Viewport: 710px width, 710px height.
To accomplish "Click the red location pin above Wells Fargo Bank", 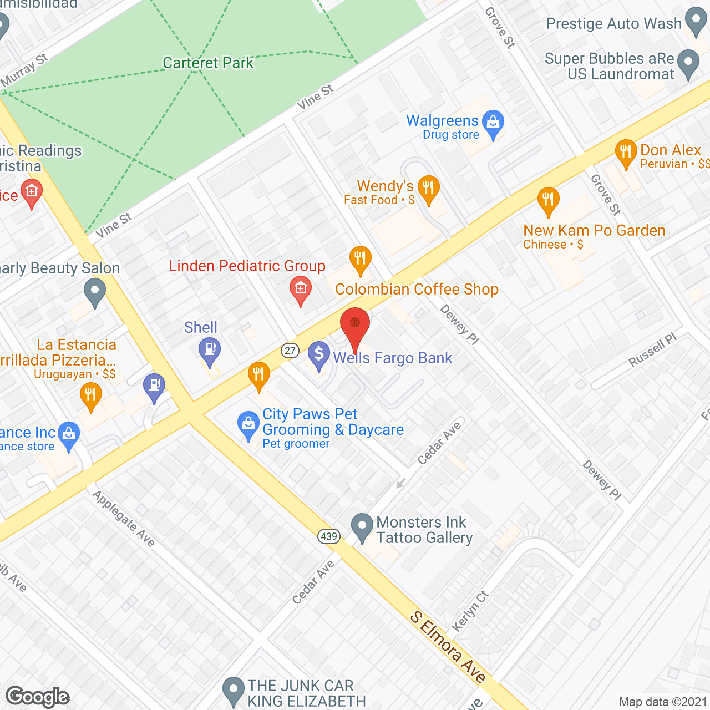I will pyautogui.click(x=354, y=326).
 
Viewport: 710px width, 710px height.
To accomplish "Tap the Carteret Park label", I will pyautogui.click(x=208, y=63).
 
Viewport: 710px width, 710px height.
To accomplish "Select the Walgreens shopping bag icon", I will pyautogui.click(x=493, y=123).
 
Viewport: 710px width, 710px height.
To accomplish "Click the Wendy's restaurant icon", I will pyautogui.click(x=428, y=188).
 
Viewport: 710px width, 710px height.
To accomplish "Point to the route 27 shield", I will pyautogui.click(x=290, y=351).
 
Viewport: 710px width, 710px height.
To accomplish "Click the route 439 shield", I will pyautogui.click(x=329, y=536).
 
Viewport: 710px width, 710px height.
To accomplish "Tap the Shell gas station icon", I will pyautogui.click(x=210, y=351).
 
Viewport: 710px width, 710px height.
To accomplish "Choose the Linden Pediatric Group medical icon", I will pyautogui.click(x=301, y=290).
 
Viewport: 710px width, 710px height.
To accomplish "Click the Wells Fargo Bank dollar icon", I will pyautogui.click(x=318, y=354).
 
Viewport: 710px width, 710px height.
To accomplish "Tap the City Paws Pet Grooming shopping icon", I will pyautogui.click(x=248, y=425).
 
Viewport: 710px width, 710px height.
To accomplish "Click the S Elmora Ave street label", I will pyautogui.click(x=448, y=647).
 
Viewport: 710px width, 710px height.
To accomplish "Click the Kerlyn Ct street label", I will pyautogui.click(x=470, y=611).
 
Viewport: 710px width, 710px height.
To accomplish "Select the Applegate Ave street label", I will pyautogui.click(x=123, y=519).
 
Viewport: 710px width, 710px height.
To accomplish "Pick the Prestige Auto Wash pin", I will pyautogui.click(x=696, y=22).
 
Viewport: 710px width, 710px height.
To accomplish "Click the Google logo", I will pyautogui.click(x=38, y=697).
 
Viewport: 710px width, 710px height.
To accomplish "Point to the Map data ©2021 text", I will pyautogui.click(x=663, y=702).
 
